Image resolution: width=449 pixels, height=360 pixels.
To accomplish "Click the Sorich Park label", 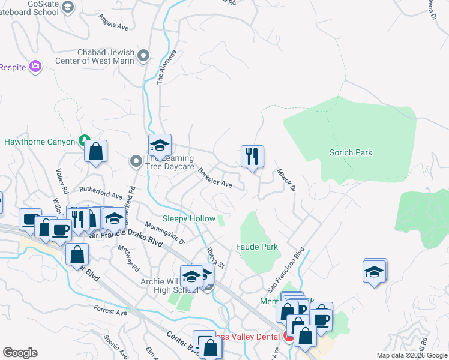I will coord(351,152).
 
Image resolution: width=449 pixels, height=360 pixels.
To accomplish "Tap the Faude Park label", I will coord(256,247).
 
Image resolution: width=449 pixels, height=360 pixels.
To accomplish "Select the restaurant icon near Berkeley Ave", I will coord(252,157).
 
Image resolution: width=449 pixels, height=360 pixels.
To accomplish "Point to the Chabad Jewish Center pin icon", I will coord(143,56).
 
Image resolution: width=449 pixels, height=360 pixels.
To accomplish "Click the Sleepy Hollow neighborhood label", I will coord(189,219).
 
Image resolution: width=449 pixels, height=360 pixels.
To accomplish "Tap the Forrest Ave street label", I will coord(110,312).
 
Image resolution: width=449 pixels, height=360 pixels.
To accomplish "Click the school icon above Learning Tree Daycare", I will coord(160,145).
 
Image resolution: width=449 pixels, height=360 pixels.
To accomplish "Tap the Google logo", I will coord(20,353).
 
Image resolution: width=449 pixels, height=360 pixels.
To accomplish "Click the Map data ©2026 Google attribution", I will coord(411,355).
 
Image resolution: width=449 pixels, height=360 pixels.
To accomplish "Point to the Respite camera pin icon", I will coord(36,67).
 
